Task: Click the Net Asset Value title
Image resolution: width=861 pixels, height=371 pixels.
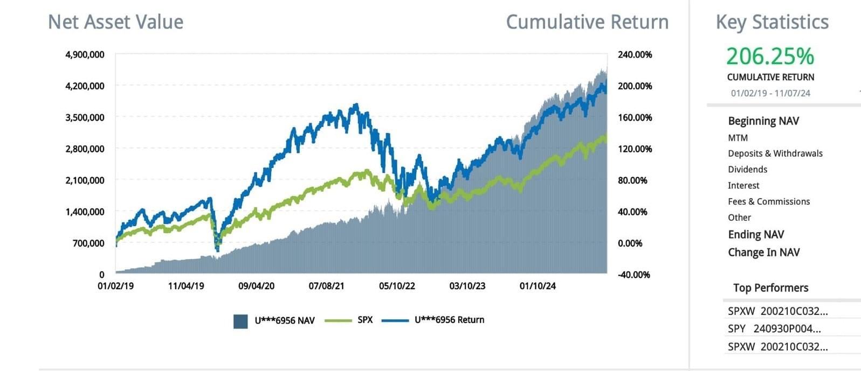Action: tap(115, 22)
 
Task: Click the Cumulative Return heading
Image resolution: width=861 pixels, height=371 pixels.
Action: tap(587, 22)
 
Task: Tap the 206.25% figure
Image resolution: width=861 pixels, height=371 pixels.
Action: tap(770, 56)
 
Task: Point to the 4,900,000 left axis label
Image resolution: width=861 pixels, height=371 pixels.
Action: tap(85, 54)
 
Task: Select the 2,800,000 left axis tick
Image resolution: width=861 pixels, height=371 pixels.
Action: tap(85, 149)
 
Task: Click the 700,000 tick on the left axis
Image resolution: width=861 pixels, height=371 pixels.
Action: tap(88, 243)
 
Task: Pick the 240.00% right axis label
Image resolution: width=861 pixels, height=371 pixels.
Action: tap(635, 54)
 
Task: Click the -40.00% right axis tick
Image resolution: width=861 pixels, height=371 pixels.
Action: tap(634, 275)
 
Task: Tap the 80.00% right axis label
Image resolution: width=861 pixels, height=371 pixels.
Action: tap(632, 180)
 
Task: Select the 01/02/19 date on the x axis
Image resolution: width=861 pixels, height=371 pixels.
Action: tap(115, 286)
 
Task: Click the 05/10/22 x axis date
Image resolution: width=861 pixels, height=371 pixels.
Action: tap(397, 286)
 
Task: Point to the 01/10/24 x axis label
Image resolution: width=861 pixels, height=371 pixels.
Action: tap(538, 286)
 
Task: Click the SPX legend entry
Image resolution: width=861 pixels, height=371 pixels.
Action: tap(365, 320)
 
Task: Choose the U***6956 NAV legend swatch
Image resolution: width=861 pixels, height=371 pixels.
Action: tap(240, 321)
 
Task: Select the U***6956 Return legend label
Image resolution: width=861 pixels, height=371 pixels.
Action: tap(449, 320)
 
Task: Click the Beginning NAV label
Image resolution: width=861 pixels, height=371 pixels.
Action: tap(763, 121)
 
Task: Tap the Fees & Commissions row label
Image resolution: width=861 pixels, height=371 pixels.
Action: tap(769, 201)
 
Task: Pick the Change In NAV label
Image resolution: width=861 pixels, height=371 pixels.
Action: tap(763, 252)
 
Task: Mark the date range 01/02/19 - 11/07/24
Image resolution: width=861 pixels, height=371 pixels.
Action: tap(770, 93)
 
